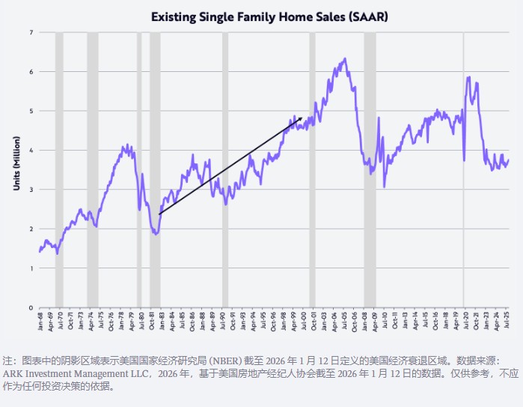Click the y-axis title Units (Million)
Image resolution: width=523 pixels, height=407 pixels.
(16, 163)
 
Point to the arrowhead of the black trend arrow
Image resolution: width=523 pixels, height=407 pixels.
(300, 118)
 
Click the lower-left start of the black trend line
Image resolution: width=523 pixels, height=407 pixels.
(159, 214)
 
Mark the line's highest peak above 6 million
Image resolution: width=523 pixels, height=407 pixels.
(344, 58)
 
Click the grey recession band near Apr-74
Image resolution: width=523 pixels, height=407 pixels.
(93, 169)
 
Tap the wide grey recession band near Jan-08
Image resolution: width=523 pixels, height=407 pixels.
(370, 169)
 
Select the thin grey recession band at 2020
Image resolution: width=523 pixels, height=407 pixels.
(463, 169)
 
